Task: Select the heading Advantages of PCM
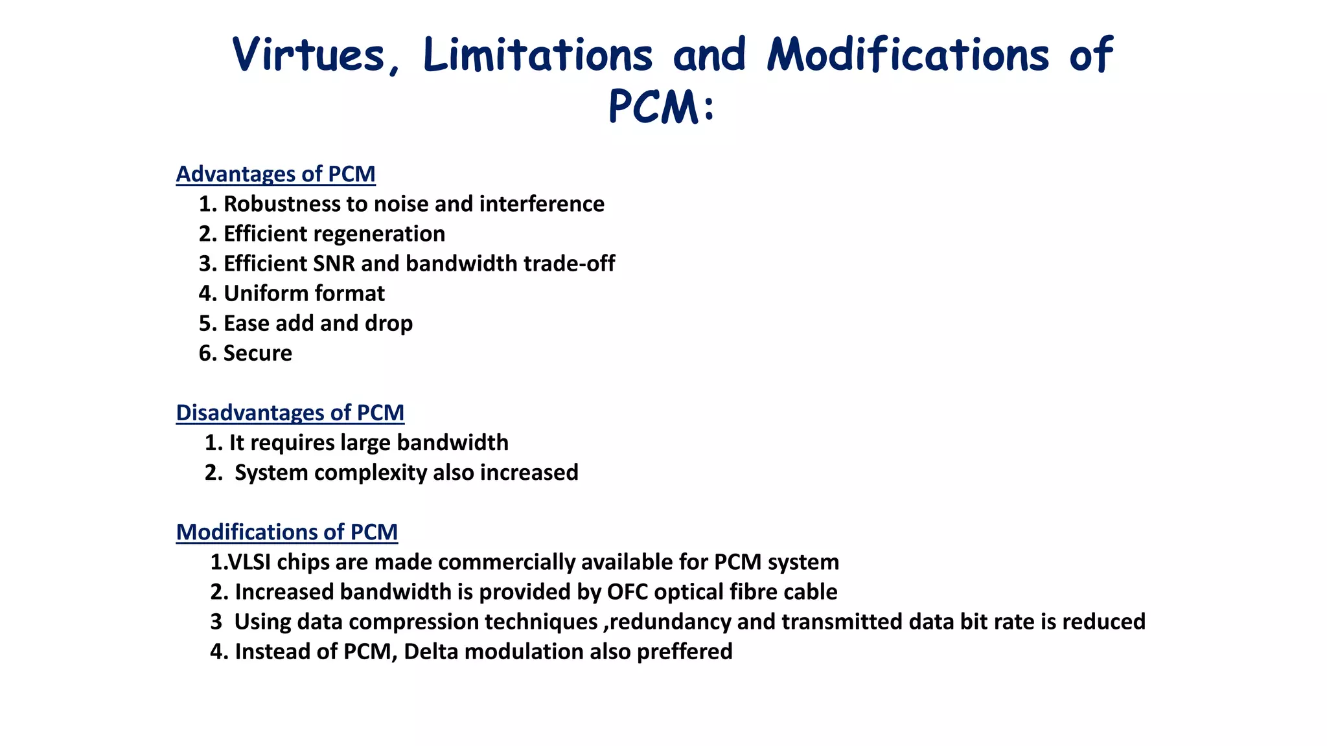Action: point(275,174)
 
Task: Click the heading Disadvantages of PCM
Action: point(290,413)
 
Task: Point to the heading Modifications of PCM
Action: point(286,532)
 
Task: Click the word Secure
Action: point(257,353)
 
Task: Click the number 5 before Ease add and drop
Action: point(205,323)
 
